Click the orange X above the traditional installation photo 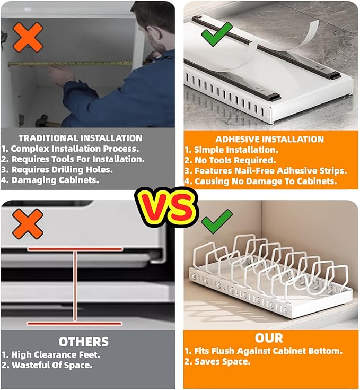coord(28,37)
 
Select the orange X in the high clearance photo coord(28,224)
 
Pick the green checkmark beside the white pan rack coord(216,222)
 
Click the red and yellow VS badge coord(166,207)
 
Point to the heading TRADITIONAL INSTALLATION coord(81,138)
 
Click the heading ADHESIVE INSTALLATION coord(269,139)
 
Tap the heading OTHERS coord(83,342)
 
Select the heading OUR coord(269,338)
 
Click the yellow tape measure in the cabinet coord(70,64)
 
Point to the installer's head coord(154,28)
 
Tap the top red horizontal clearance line coord(75,249)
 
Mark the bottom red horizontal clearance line coord(75,323)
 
